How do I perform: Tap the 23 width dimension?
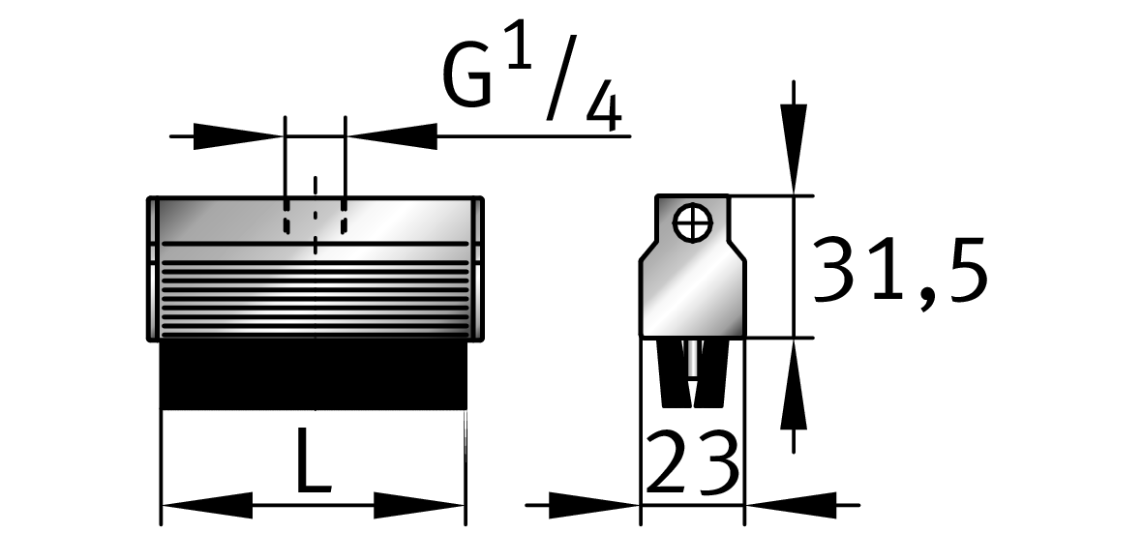click(693, 464)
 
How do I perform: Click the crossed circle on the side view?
click(694, 223)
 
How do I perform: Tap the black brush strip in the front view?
click(314, 374)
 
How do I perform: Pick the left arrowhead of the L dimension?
click(205, 504)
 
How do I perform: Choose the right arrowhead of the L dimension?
click(420, 504)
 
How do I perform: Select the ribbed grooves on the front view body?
click(314, 290)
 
